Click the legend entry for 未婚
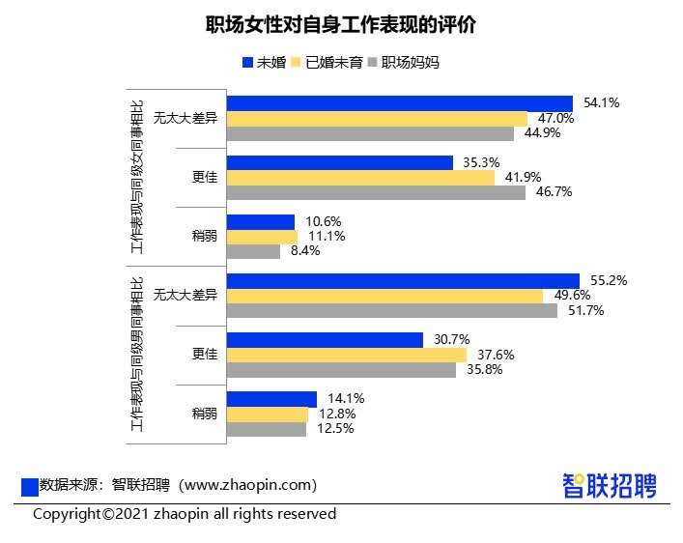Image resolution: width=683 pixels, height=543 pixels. [263, 63]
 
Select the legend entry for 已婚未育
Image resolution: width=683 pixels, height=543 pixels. [327, 63]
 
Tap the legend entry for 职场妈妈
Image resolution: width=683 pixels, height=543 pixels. [403, 63]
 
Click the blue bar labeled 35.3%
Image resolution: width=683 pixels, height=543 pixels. [339, 162]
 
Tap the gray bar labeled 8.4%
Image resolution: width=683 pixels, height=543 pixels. [252, 251]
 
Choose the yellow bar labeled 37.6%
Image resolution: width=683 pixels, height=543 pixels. [345, 355]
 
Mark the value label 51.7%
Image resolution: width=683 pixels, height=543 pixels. [582, 311]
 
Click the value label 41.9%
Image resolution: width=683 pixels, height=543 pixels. [522, 177]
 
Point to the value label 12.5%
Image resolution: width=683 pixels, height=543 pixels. [330, 429]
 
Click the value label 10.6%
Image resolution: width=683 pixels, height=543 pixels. [319, 221]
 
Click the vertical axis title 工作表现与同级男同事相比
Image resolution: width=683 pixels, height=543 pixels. [135, 355]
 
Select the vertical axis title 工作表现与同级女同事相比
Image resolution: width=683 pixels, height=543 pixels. [135, 178]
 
